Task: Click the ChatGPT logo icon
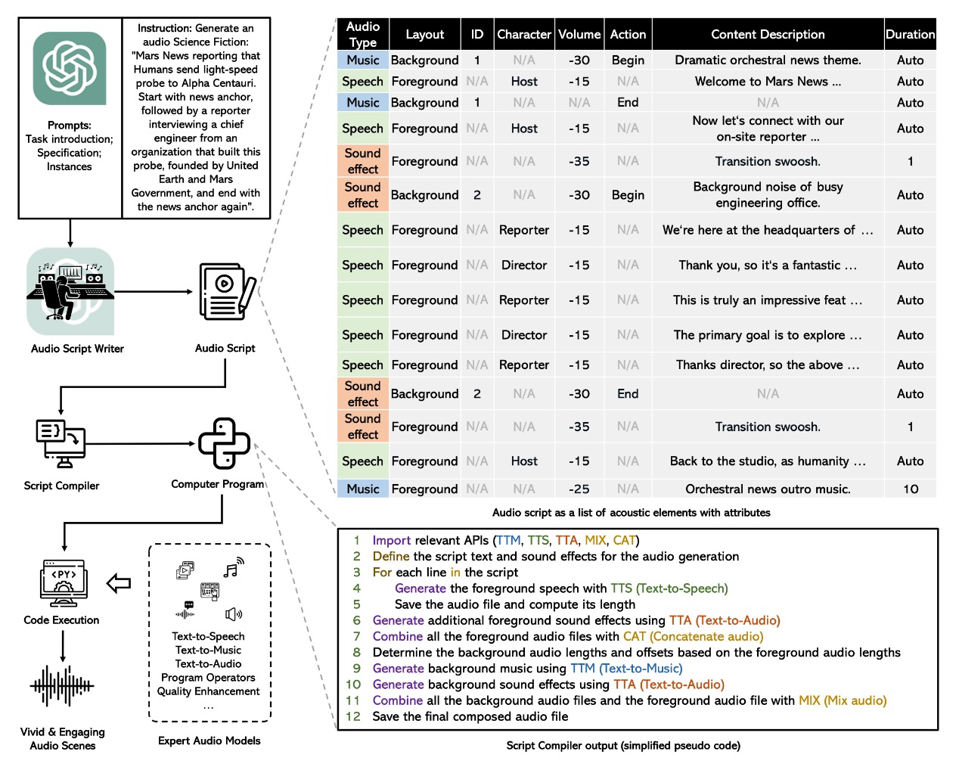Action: tap(70, 69)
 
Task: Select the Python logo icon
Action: tap(224, 443)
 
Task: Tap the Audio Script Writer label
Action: tap(77, 349)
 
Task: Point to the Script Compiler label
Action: tap(61, 486)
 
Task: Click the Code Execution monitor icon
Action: tap(63, 582)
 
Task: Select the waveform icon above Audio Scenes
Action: tap(62, 686)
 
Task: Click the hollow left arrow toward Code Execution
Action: tap(119, 583)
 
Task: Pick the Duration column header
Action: tap(910, 35)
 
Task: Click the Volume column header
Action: tap(579, 35)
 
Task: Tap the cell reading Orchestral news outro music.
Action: tap(768, 489)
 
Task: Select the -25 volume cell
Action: tap(579, 489)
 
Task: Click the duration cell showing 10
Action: tap(910, 489)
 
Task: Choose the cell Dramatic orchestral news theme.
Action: tap(768, 61)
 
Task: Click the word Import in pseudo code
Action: tap(391, 540)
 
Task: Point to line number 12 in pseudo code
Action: tap(353, 716)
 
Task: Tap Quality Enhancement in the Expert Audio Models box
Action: tap(209, 691)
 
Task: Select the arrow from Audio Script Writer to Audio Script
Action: tap(154, 291)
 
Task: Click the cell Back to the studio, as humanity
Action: tap(768, 461)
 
